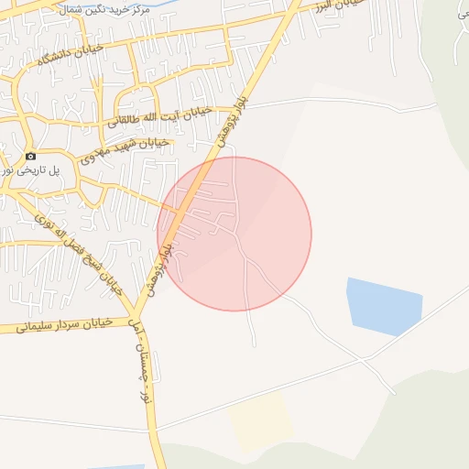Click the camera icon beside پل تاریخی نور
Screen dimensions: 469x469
pos(30,157)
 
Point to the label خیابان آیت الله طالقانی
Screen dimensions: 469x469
pos(159,116)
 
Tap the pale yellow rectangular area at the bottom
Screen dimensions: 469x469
pos(261,422)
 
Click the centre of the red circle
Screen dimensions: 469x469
pos(234,234)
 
